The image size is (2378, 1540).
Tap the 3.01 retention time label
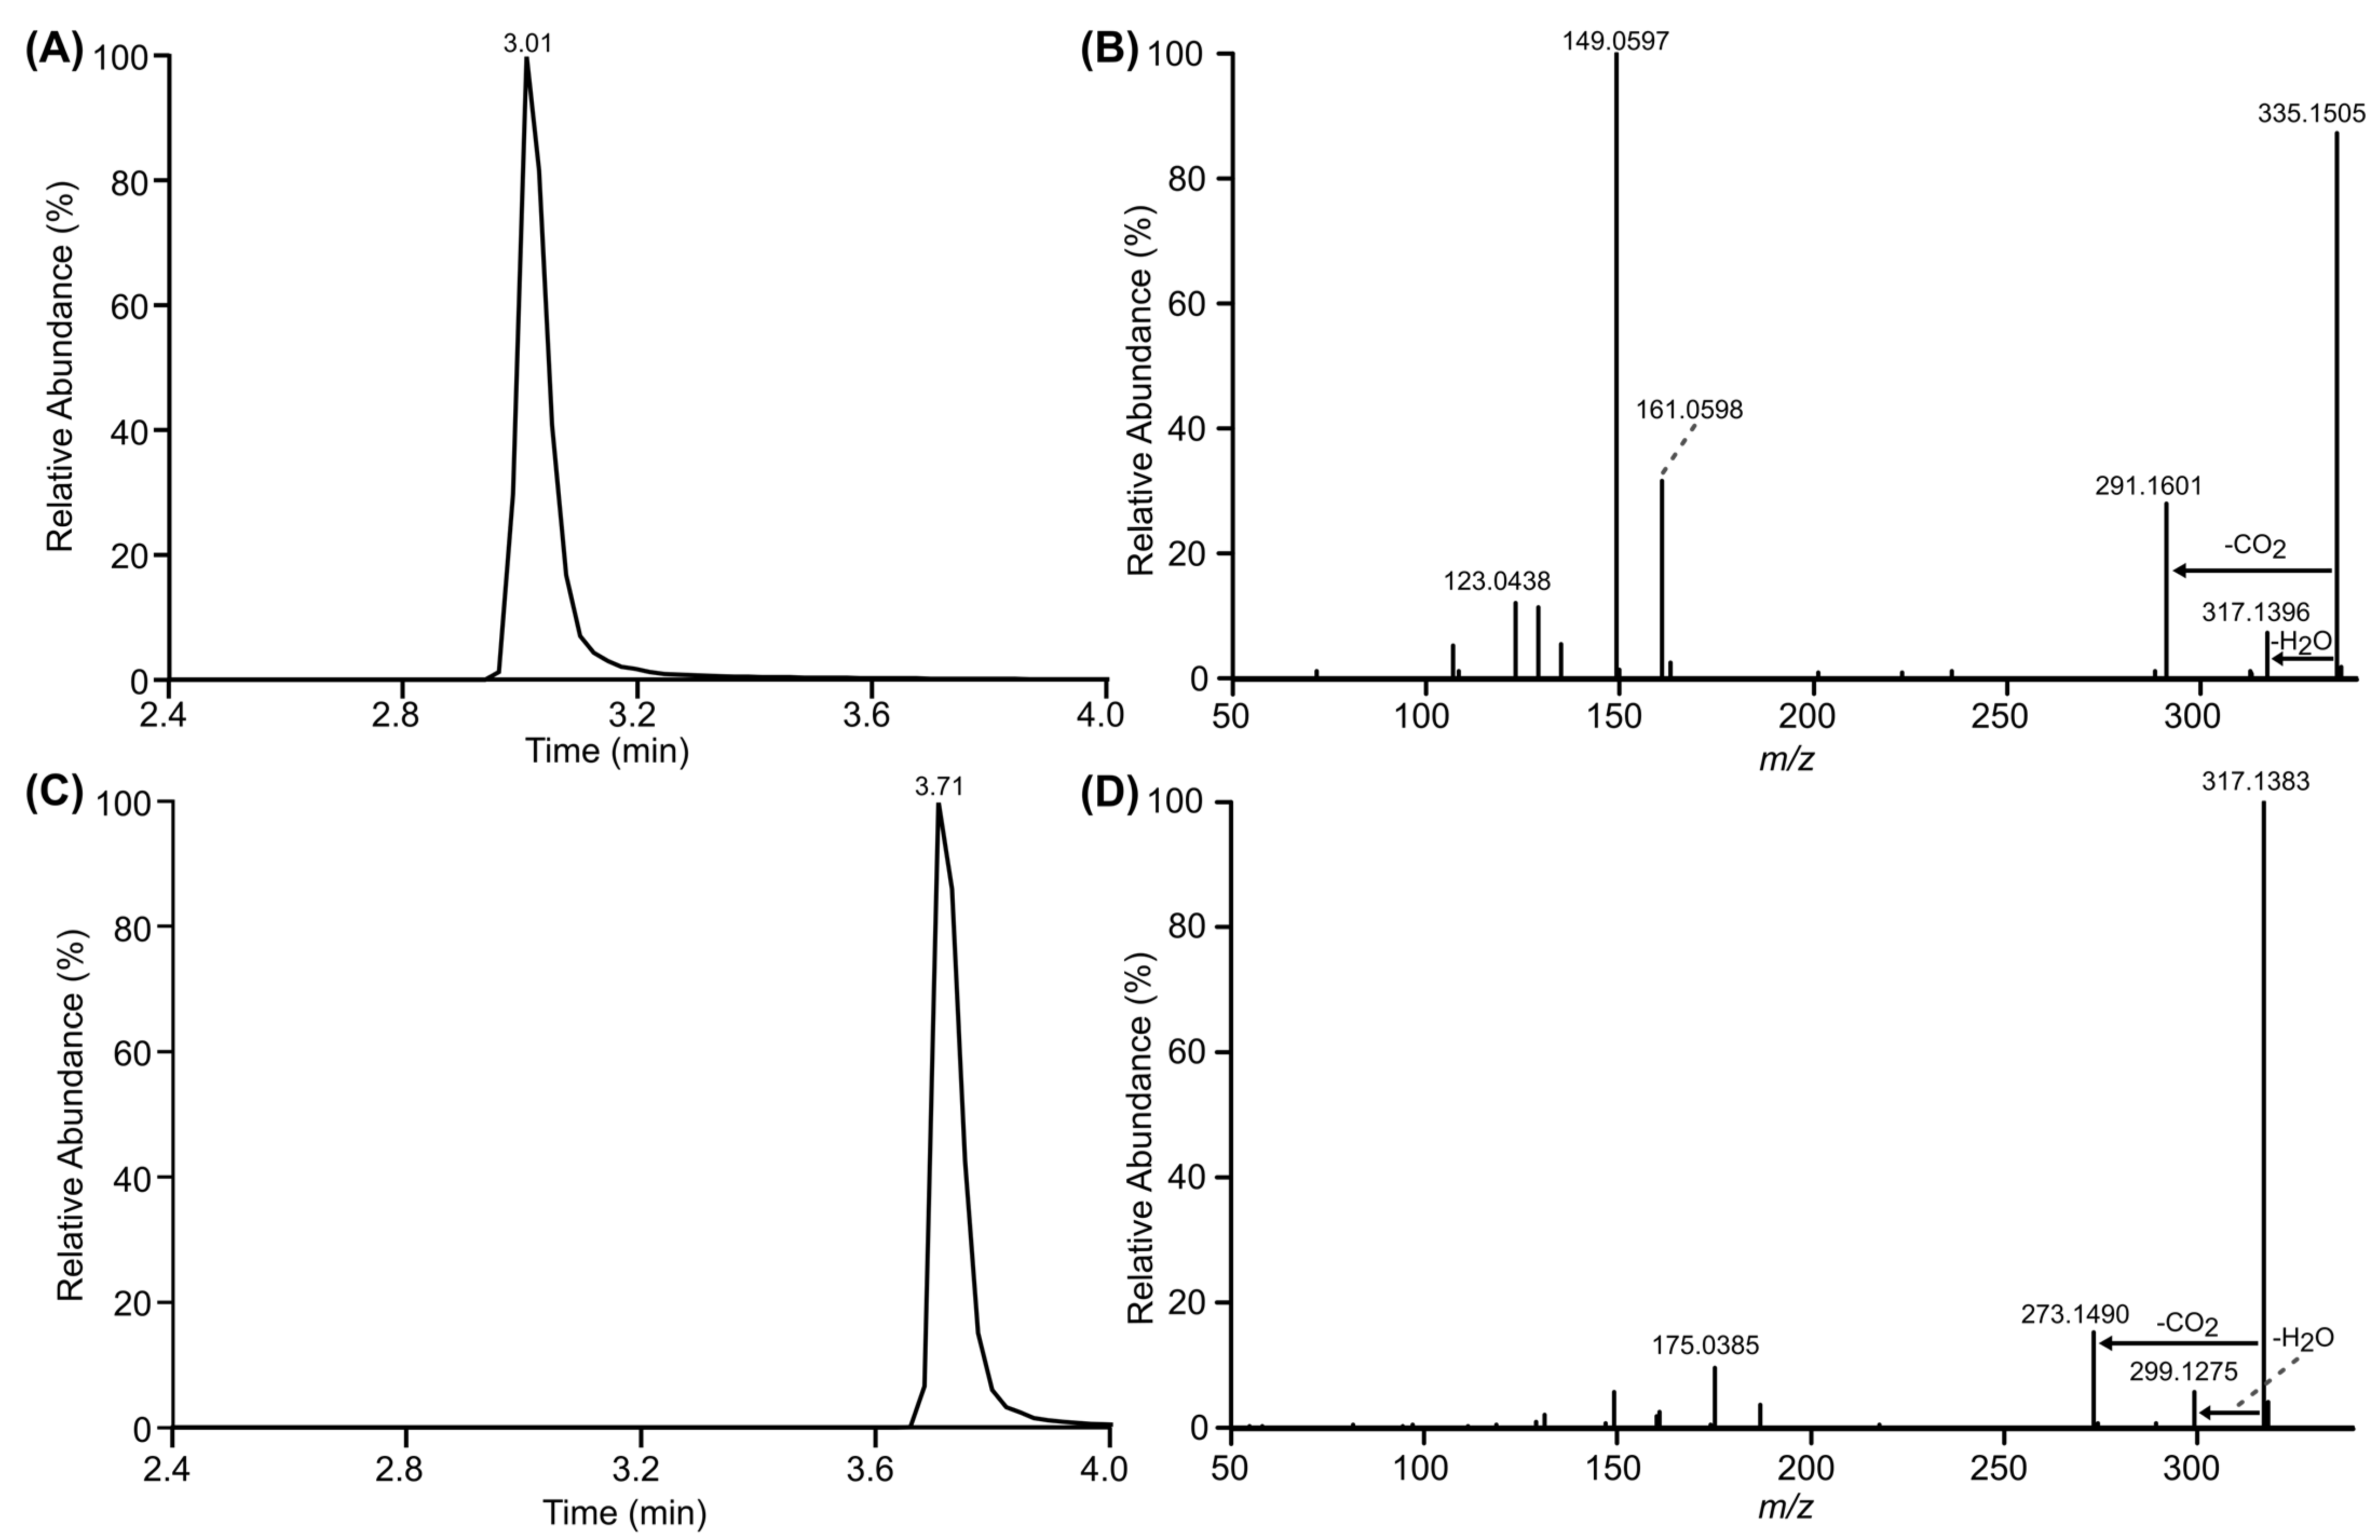coord(527,43)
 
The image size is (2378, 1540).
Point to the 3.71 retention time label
coord(939,788)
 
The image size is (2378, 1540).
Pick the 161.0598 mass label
coord(1689,410)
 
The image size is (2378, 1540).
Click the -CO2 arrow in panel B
coord(2253,571)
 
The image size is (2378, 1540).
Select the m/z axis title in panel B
coord(1785,759)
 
